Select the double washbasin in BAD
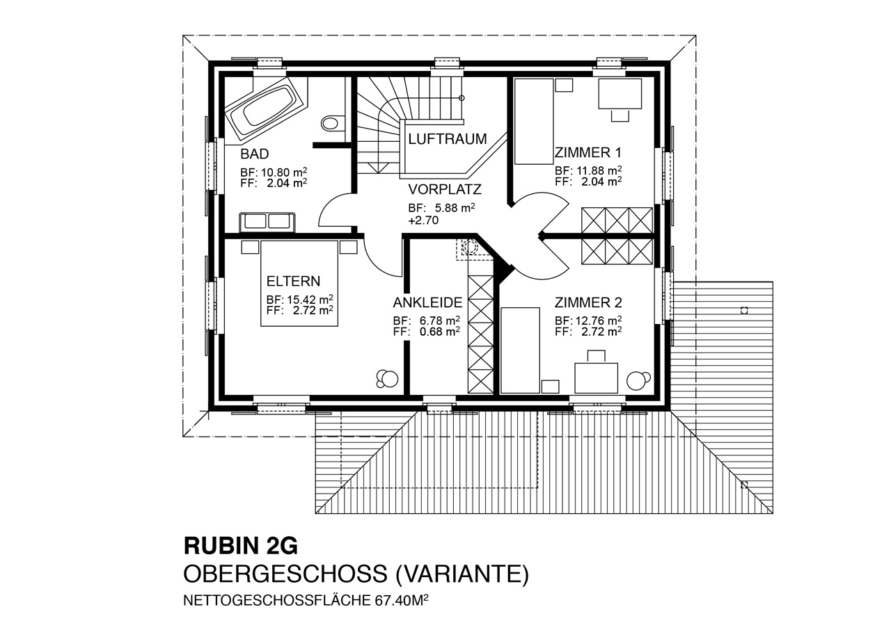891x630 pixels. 267,222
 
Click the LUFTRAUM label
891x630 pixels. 448,139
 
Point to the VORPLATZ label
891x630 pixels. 445,189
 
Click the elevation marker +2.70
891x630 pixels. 423,220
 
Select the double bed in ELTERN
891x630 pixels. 299,283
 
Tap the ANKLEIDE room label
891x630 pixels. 427,302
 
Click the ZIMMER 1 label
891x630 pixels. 588,152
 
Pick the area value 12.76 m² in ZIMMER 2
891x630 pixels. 599,320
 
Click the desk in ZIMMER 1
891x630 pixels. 620,94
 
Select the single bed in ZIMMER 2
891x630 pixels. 520,350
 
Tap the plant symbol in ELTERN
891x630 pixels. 387,378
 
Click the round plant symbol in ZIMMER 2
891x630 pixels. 638,380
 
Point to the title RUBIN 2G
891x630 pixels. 241,546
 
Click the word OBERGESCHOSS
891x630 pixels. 285,574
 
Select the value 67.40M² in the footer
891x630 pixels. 402,601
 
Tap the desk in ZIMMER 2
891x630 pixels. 596,378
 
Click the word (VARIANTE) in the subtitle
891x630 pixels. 463,574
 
